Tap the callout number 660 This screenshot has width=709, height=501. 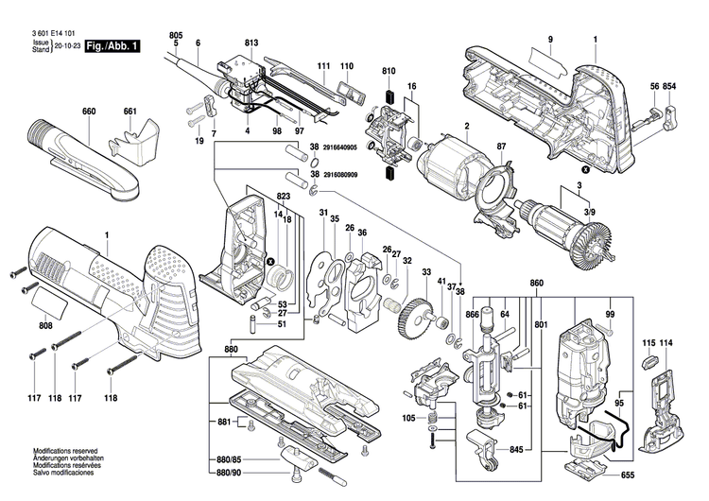tap(89, 112)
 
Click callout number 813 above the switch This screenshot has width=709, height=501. tap(251, 43)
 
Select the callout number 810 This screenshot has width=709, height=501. tap(389, 72)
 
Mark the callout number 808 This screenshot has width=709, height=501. tap(45, 327)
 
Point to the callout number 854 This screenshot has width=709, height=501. tap(670, 87)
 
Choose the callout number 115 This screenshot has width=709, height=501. tap(648, 341)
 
